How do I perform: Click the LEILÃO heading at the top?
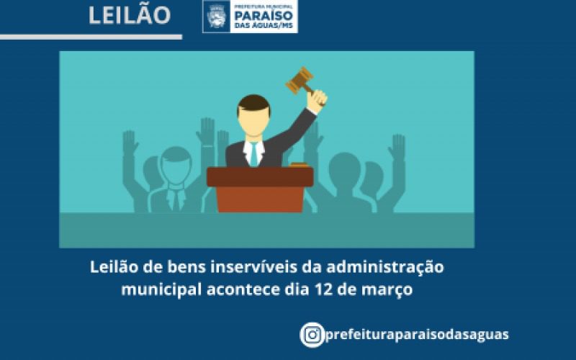coord(130,15)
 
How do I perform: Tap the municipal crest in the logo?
coord(216,16)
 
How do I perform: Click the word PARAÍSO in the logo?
coord(264,16)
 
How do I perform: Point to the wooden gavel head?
coord(300,81)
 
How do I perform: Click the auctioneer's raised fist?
coord(317,100)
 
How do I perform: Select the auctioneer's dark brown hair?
coord(254,102)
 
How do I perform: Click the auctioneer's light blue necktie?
coord(253,153)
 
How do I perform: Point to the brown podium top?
coord(260,176)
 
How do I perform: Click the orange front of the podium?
coord(260,199)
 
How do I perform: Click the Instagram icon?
coord(312,335)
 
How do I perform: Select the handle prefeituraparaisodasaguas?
coord(417,335)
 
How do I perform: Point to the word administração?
coord(385,267)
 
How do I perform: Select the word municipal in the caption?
coord(161,290)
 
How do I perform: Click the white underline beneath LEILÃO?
coord(91,37)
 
